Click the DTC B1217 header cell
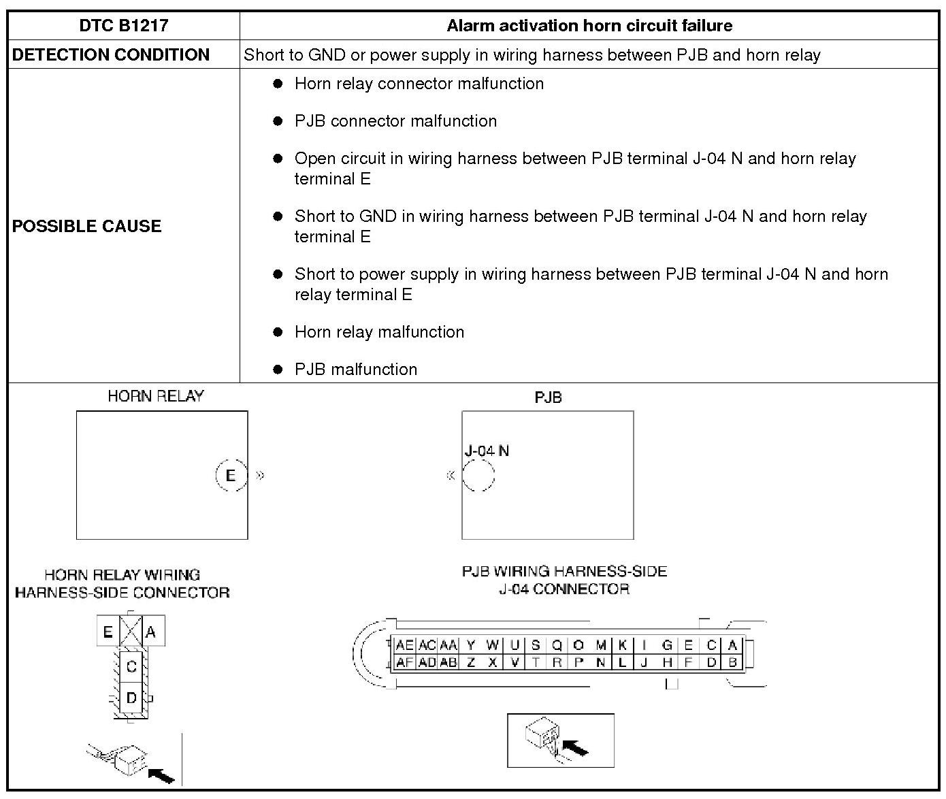point(123,26)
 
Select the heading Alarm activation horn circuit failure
point(589,26)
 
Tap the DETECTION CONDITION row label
point(111,55)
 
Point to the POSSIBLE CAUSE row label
point(87,226)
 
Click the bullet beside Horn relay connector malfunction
point(278,84)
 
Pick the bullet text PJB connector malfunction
point(395,121)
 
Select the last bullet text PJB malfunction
point(356,370)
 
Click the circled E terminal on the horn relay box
point(231,475)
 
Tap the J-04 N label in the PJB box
point(487,451)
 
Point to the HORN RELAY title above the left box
point(156,396)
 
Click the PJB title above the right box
point(548,397)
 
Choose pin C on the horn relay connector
point(131,666)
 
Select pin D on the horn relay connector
point(131,698)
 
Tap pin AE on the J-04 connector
point(404,645)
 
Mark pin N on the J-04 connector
point(600,662)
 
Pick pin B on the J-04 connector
point(733,662)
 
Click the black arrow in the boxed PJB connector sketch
point(576,749)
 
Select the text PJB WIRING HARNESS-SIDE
point(564,571)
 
